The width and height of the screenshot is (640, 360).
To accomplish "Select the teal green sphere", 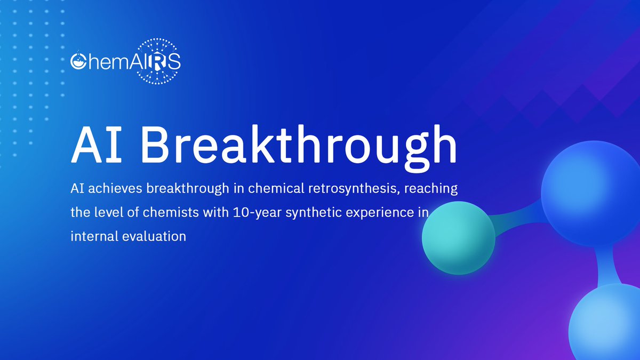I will pos(458,238).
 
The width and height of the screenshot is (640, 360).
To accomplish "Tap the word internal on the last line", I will pos(89,236).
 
